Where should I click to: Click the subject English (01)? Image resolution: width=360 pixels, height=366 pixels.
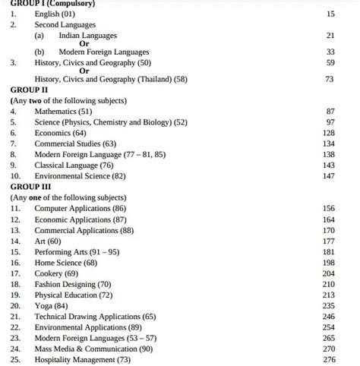click(55, 14)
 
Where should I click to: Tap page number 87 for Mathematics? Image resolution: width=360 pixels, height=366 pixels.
click(330, 111)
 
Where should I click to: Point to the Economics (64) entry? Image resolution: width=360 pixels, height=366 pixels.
click(60, 132)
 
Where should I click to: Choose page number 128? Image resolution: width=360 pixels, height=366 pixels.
click(328, 132)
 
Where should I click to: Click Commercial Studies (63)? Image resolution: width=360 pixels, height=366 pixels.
click(75, 143)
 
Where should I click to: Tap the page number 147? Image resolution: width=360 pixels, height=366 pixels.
click(328, 175)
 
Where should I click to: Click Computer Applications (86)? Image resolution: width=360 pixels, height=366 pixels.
click(81, 208)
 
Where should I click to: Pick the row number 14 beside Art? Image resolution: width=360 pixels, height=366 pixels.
click(15, 240)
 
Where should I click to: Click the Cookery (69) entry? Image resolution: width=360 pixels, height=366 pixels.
click(56, 273)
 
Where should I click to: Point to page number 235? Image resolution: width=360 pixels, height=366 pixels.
click(328, 305)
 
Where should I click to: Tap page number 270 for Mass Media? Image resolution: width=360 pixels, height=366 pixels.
click(328, 348)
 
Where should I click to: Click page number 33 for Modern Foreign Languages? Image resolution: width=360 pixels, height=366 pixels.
click(330, 52)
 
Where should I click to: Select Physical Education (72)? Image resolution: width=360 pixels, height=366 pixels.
click(73, 295)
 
